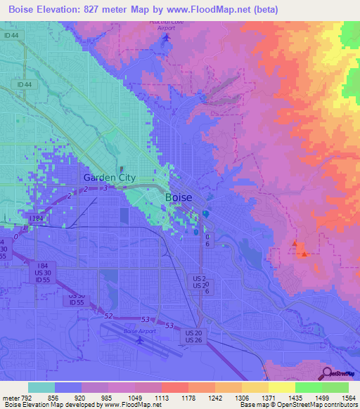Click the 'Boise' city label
point(178,197)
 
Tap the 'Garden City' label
point(109,178)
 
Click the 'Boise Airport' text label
point(141,331)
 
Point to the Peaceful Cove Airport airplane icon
point(166,37)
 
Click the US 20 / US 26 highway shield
point(195,336)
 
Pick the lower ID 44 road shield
point(25,85)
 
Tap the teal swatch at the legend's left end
point(41,387)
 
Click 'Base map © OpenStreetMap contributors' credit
point(299,405)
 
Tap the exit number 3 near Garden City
point(105,188)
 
